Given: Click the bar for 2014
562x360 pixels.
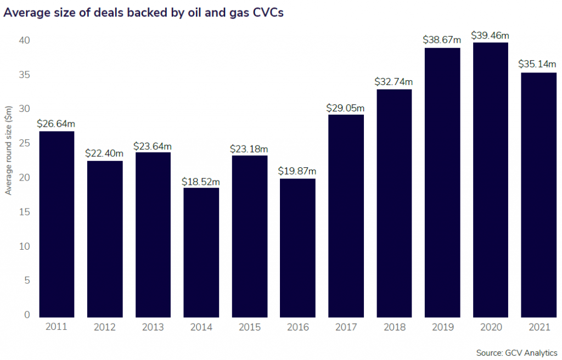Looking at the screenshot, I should point(201,252).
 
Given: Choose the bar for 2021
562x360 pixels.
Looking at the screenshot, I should point(538,195).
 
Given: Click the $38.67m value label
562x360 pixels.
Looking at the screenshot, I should point(442,40).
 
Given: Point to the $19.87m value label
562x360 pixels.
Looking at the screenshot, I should point(297,171).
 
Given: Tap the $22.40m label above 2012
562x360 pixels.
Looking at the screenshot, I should point(104,153).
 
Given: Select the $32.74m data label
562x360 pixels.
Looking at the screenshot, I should point(394,81).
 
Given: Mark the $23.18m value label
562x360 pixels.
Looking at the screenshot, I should point(249,148).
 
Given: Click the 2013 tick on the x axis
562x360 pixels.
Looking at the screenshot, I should point(153,327).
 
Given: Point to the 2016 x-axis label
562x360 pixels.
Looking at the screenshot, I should point(297,327).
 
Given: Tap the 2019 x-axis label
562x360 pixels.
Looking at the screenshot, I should point(442,327).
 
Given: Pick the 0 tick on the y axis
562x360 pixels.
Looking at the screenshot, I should point(26,315).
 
